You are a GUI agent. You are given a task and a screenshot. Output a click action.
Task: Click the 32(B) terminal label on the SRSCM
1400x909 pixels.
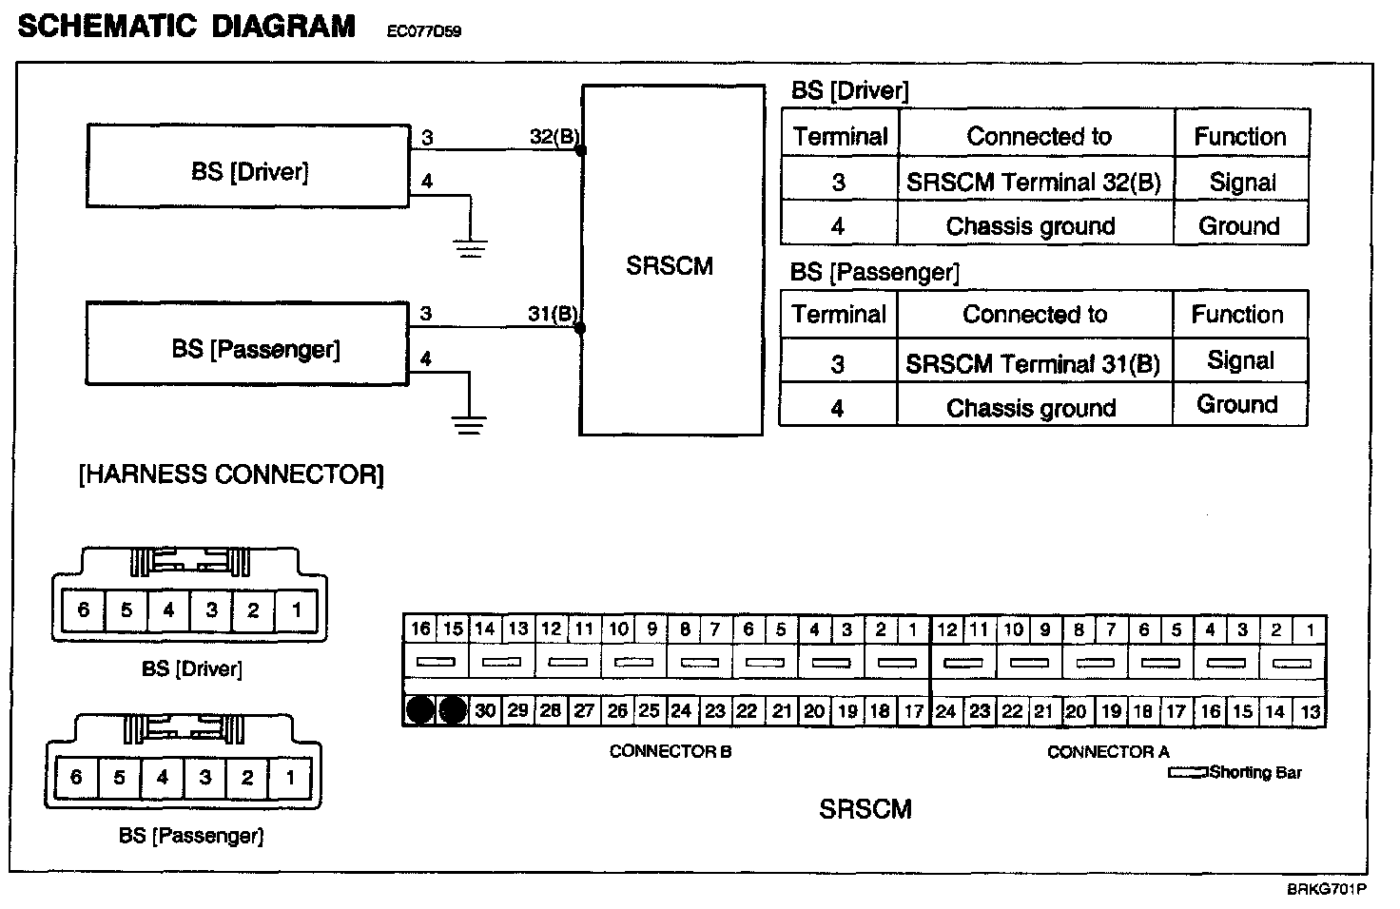(554, 137)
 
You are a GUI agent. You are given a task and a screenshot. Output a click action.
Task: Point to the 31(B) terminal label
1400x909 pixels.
(553, 314)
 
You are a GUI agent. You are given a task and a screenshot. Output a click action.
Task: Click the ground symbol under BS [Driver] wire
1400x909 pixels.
(470, 247)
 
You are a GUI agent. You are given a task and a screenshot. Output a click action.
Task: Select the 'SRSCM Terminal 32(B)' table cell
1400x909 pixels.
(1034, 182)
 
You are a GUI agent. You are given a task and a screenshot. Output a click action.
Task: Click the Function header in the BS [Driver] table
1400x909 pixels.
(1240, 137)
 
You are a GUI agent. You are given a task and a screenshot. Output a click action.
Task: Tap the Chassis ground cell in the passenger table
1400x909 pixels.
(1031, 407)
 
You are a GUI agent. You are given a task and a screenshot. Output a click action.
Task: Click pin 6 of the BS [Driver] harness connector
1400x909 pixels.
(83, 609)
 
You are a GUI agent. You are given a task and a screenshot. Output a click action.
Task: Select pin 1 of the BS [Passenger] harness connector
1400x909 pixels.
(289, 778)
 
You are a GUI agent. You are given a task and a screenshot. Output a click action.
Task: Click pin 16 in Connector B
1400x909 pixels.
(420, 629)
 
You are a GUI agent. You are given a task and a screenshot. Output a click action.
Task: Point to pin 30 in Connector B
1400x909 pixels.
(485, 710)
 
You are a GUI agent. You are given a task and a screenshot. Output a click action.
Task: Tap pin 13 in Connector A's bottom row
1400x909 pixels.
(1310, 711)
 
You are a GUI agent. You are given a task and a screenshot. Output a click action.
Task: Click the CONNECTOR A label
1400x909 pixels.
(1108, 752)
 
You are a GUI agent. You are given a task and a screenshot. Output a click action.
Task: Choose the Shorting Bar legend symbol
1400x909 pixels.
(1188, 773)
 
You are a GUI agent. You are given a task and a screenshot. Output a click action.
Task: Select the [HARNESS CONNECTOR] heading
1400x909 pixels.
(231, 474)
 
